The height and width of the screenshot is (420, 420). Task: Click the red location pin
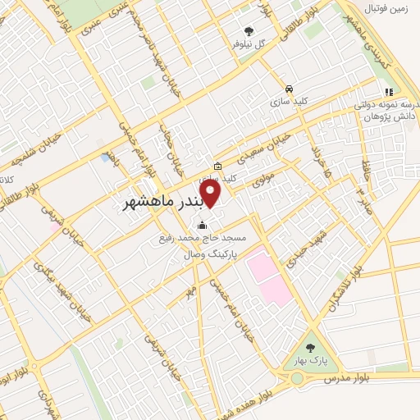[x=212, y=194]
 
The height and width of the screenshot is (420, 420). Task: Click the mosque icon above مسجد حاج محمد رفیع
[x=202, y=226]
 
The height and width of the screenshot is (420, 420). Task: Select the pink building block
[x=269, y=275]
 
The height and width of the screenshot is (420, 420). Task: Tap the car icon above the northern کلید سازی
[x=289, y=89]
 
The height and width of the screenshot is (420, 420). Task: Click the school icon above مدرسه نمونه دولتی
[x=388, y=92]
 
